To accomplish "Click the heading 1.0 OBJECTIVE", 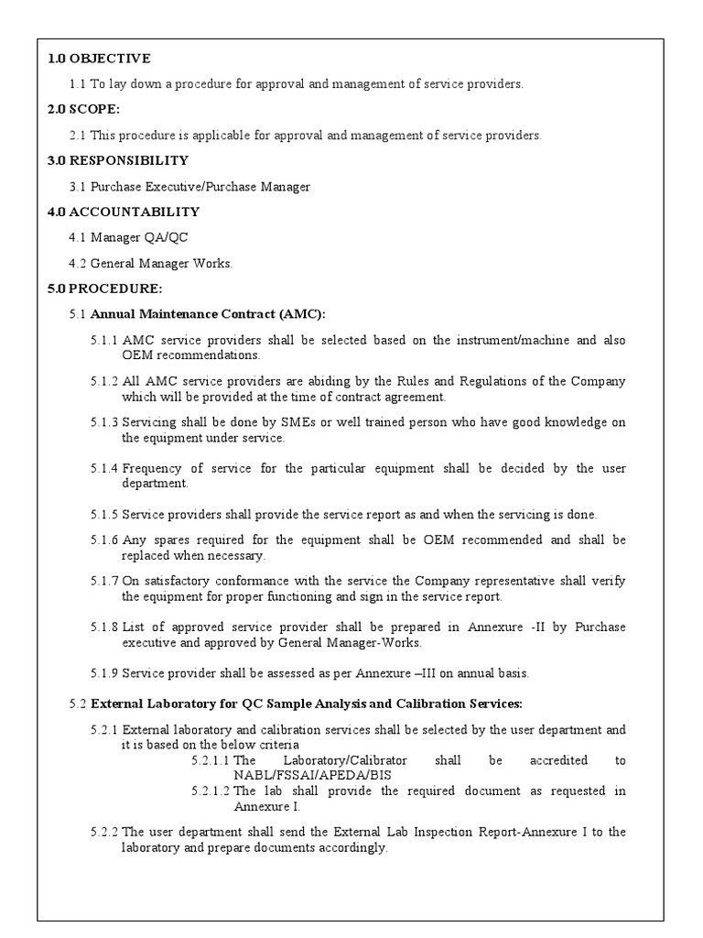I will click(99, 59).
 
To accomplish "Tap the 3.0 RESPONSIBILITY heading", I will click(117, 160).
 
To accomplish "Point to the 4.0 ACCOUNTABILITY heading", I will click(123, 212).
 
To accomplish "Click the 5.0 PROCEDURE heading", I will click(104, 289).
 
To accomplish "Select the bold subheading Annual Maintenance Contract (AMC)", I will click(208, 314).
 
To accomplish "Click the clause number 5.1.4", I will click(104, 468).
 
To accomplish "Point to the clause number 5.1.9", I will click(104, 673).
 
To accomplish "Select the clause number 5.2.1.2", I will click(211, 791).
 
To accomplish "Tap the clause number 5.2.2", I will click(104, 832).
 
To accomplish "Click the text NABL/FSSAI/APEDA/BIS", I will click(298, 774).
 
